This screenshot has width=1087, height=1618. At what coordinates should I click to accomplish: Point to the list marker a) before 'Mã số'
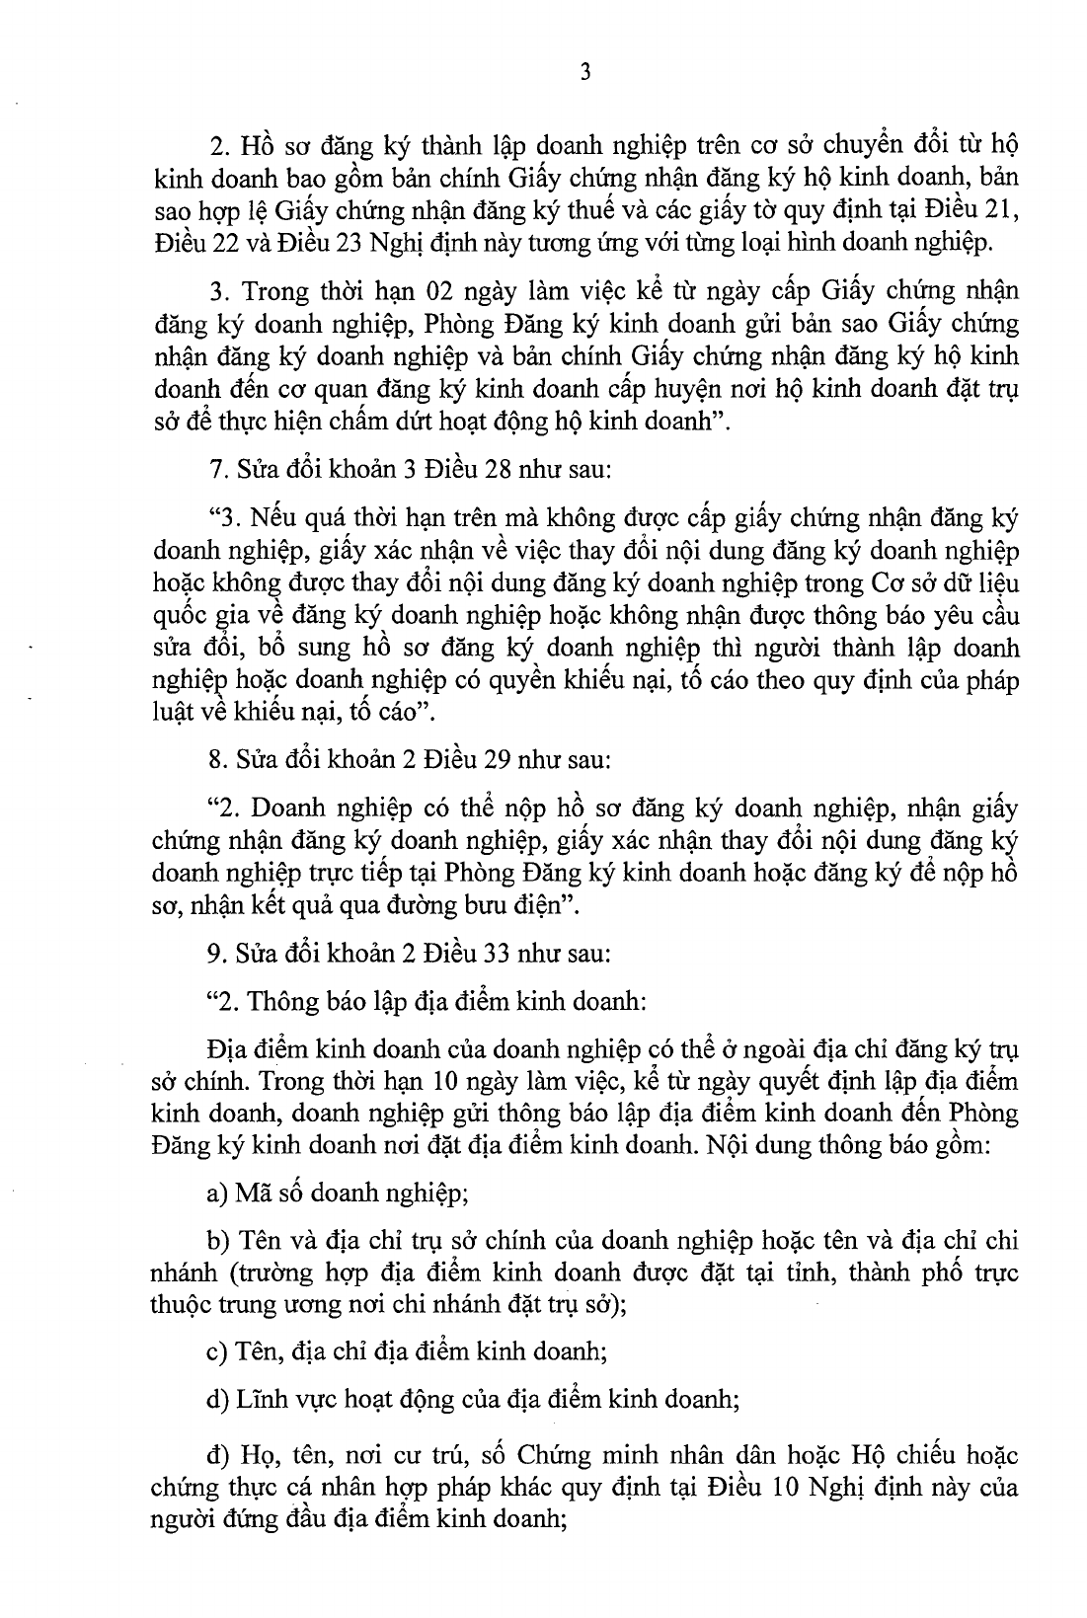[x=217, y=1194]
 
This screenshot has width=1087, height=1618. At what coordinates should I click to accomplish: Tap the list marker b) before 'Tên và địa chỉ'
[x=217, y=1241]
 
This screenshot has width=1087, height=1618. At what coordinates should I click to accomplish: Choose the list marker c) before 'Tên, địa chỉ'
[x=216, y=1350]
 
